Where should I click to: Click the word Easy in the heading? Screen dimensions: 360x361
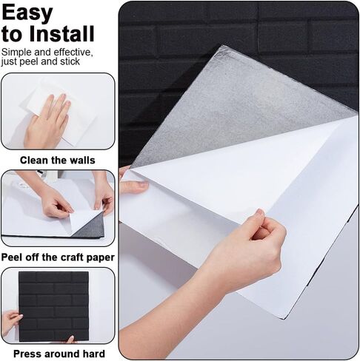(27, 13)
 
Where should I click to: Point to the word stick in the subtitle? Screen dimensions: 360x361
(70, 61)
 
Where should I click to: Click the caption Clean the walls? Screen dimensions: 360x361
(58, 161)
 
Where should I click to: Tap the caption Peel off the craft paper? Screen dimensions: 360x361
(58, 257)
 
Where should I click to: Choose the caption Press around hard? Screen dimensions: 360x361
(59, 354)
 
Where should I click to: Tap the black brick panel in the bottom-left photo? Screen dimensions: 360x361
(53, 306)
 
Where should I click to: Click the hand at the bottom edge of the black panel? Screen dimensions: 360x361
(70, 340)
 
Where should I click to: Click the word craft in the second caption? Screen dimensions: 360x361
(74, 257)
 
